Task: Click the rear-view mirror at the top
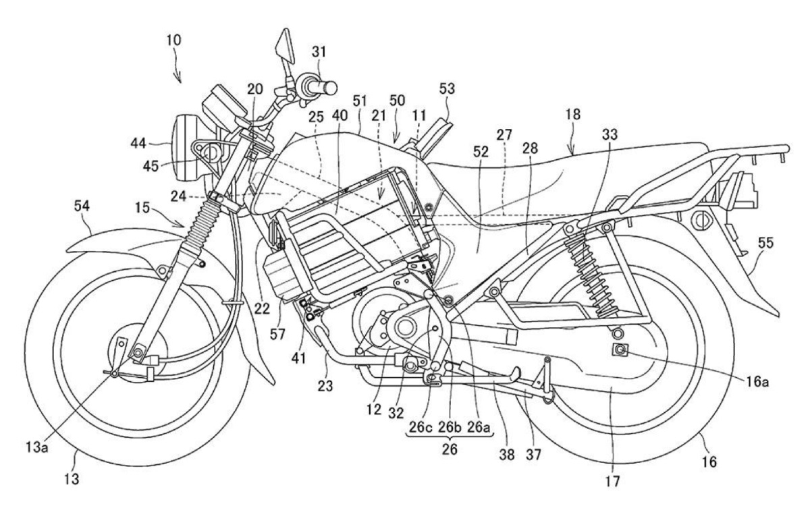pos(282,44)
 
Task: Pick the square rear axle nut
pos(617,349)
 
